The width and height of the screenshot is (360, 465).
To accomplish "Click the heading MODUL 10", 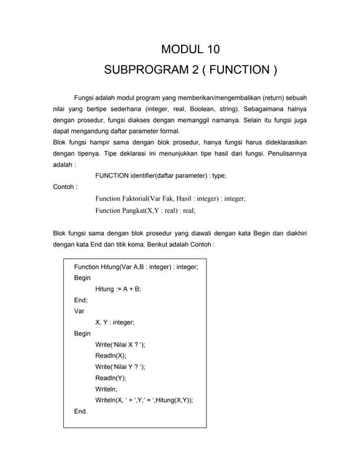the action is click(190, 49).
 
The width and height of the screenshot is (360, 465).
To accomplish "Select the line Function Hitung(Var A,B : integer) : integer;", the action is click(136, 267).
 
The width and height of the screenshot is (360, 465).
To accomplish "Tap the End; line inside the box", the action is click(81, 299).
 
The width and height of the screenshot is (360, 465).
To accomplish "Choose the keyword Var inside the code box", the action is click(79, 310).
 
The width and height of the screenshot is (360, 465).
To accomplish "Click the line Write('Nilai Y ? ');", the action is click(120, 367).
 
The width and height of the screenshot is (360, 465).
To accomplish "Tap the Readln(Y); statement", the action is click(111, 378).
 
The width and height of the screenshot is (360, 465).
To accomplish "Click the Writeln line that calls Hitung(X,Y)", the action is click(144, 400).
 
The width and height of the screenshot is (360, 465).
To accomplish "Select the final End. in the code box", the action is click(80, 411).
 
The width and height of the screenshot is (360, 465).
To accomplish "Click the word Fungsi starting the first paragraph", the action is click(86, 97).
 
